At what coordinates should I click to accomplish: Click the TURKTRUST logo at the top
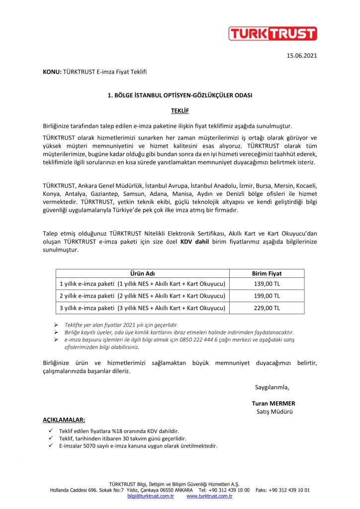pos(272,33)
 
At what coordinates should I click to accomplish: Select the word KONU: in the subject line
pos(52,72)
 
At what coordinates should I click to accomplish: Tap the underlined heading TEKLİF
pos(180,109)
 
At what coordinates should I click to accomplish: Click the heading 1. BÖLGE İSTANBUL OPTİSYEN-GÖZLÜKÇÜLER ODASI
pos(180,94)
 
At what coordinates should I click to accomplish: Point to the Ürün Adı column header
pos(142,273)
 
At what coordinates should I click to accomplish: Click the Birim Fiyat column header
pos(267,273)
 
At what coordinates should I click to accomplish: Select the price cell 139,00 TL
pos(267,283)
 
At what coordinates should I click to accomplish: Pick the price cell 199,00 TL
pos(267,296)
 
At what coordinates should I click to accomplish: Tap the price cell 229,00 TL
pos(267,308)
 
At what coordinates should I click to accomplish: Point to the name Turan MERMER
pos(274,403)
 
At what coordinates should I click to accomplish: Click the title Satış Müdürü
pos(274,412)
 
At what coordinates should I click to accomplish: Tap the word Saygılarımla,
pos(272,387)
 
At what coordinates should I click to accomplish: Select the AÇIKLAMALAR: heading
pos(64,420)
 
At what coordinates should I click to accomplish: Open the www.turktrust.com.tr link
pos(210,496)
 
